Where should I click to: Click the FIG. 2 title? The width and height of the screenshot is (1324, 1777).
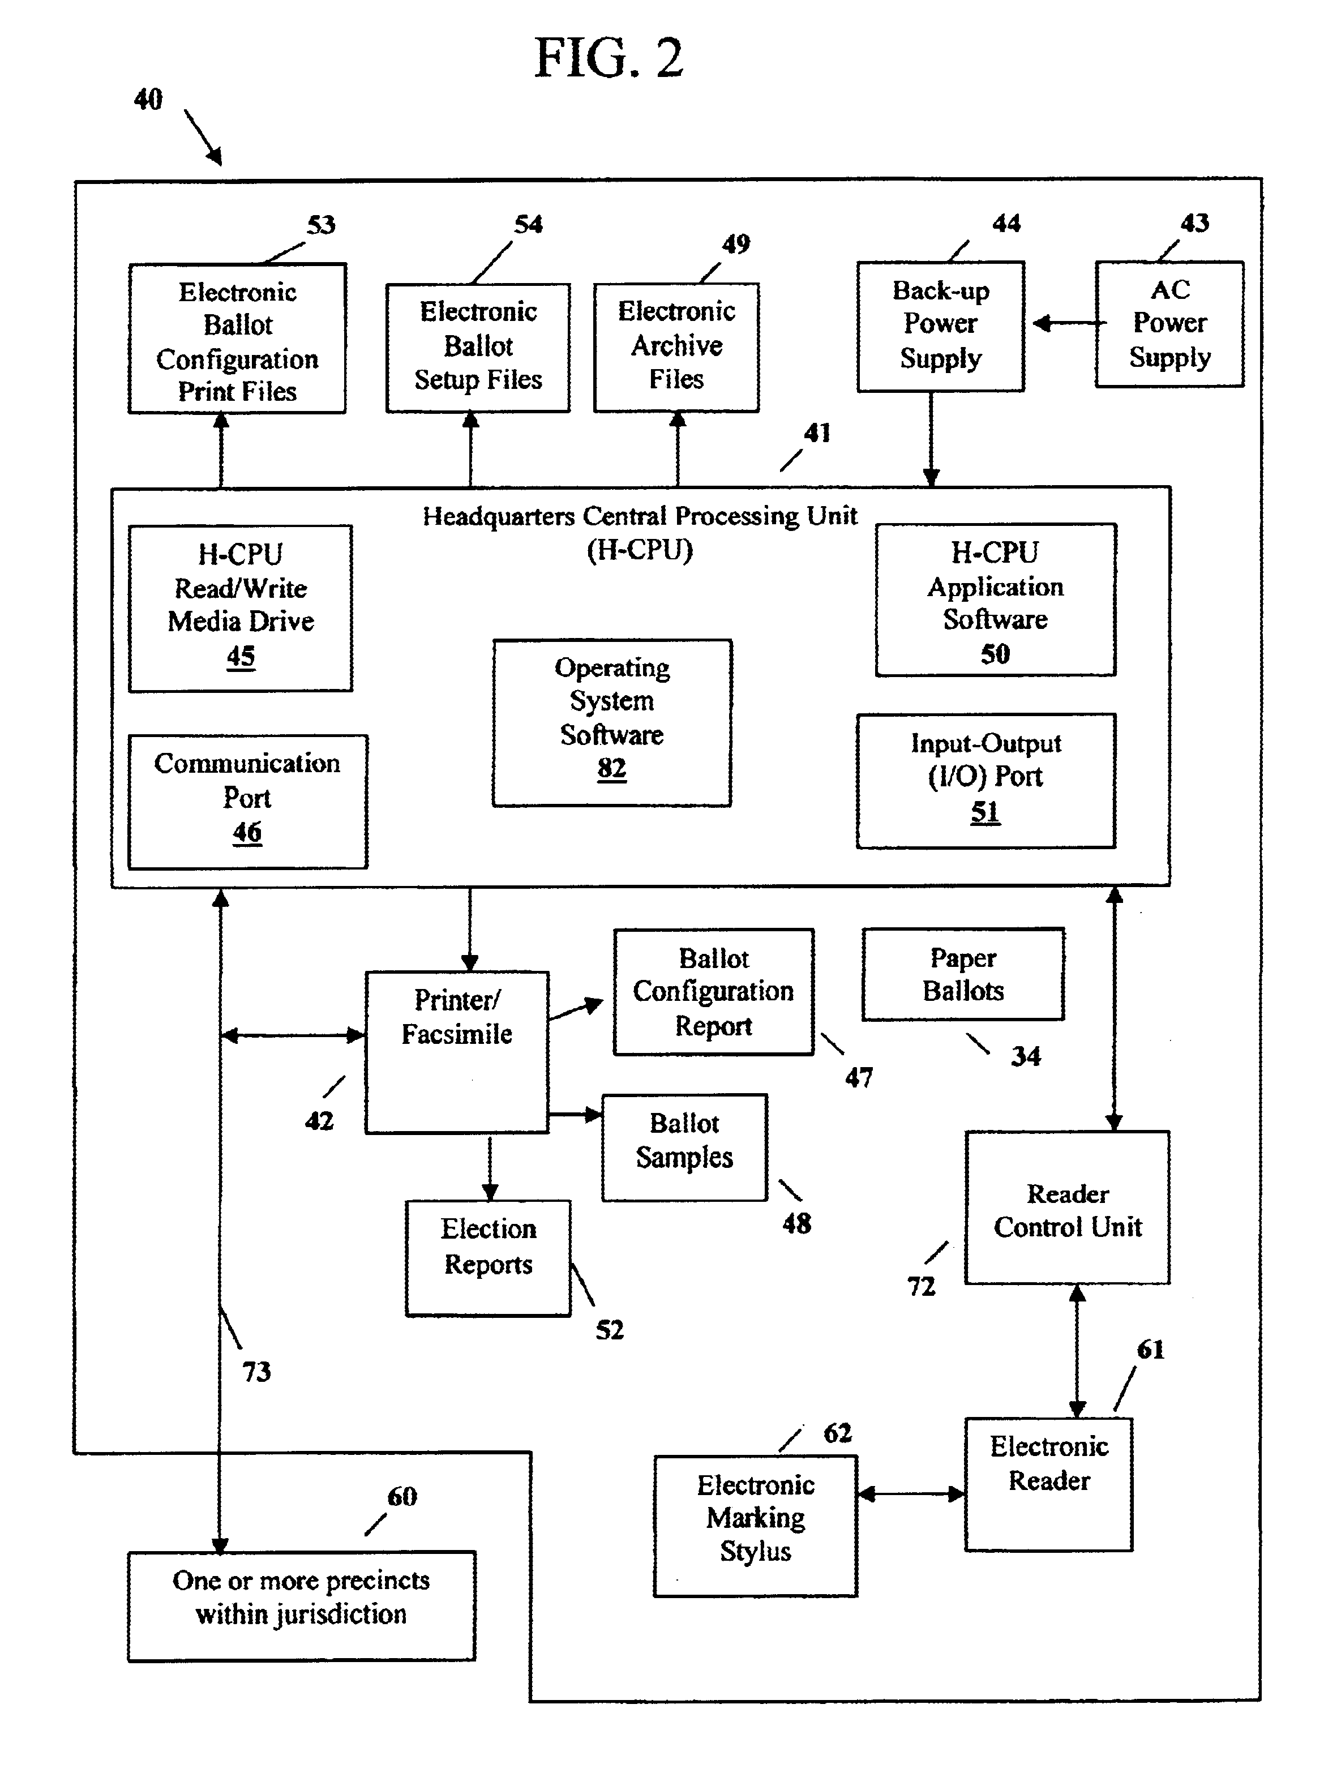(x=609, y=58)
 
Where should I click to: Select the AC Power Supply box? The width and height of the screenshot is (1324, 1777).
(x=1169, y=324)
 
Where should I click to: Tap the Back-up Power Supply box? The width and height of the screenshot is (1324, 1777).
(x=940, y=326)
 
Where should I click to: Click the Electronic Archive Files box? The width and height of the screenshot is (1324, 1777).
(x=676, y=347)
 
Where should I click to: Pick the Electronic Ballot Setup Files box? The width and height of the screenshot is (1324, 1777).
(x=478, y=348)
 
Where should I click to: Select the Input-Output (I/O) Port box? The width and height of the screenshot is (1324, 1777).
(x=986, y=781)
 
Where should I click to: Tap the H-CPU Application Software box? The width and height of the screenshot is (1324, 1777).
(x=995, y=600)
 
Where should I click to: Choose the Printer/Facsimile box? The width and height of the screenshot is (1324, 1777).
(x=457, y=1052)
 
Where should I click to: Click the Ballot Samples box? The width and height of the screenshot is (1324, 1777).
(x=684, y=1147)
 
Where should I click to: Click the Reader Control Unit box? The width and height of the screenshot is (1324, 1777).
(x=1068, y=1207)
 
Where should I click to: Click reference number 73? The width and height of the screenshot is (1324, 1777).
(x=256, y=1372)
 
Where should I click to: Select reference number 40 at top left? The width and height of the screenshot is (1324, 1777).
(x=148, y=100)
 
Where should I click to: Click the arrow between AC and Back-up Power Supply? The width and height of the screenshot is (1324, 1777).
(x=1069, y=324)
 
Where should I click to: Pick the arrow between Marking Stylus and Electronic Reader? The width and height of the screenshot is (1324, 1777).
(x=911, y=1493)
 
